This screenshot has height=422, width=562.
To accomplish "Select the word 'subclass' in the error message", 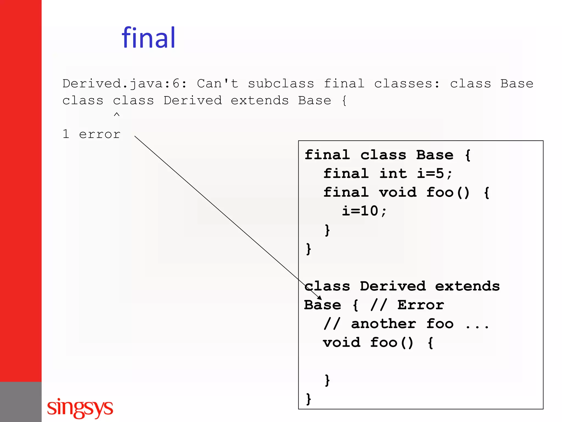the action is (x=281, y=84).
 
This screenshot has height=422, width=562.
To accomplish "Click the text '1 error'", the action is (x=91, y=134).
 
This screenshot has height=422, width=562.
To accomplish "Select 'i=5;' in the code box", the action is (x=434, y=174).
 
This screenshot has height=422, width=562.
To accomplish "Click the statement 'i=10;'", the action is (x=364, y=211).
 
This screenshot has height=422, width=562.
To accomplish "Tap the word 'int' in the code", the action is (x=393, y=174).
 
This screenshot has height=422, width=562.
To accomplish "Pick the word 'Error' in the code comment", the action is (x=420, y=305).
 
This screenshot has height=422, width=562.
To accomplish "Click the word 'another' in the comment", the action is (x=383, y=324).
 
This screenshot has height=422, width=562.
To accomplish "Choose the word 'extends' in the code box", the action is (x=467, y=286).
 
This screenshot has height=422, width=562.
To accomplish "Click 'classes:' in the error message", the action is (x=407, y=84).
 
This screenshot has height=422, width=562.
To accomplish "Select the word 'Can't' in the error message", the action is (x=218, y=84).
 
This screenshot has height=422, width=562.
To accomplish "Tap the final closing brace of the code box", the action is (x=309, y=399).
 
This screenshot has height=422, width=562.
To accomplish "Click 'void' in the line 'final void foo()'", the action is (x=398, y=192).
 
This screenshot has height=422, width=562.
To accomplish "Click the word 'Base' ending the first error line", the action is (x=517, y=84).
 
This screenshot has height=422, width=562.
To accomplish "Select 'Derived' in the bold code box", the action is (x=393, y=286).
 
